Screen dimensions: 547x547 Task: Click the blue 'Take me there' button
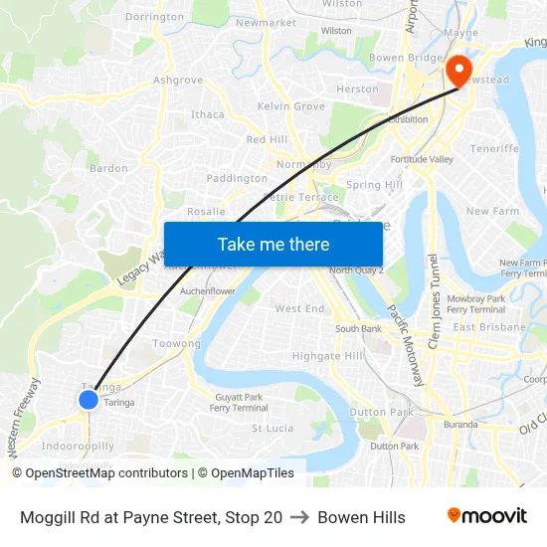[x=273, y=244]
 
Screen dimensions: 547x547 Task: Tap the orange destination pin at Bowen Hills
[x=458, y=70]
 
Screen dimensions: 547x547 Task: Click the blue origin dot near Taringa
[x=88, y=400]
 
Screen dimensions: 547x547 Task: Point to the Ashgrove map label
[x=178, y=81]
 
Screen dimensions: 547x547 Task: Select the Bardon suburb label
[x=108, y=169]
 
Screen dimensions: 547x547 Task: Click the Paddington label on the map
[x=237, y=179]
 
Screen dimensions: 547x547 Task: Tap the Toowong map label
[x=177, y=343]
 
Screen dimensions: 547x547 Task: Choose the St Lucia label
[x=272, y=429]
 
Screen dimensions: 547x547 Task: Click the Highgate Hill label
[x=328, y=356]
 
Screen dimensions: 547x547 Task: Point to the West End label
[x=299, y=309]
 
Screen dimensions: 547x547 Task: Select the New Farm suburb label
[x=492, y=212]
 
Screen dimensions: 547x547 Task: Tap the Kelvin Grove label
[x=291, y=106]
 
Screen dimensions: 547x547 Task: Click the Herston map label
[x=358, y=90]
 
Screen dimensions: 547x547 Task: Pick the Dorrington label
[x=155, y=17]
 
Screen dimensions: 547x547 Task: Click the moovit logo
[x=487, y=516]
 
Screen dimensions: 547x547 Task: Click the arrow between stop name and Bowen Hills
[x=299, y=517]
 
